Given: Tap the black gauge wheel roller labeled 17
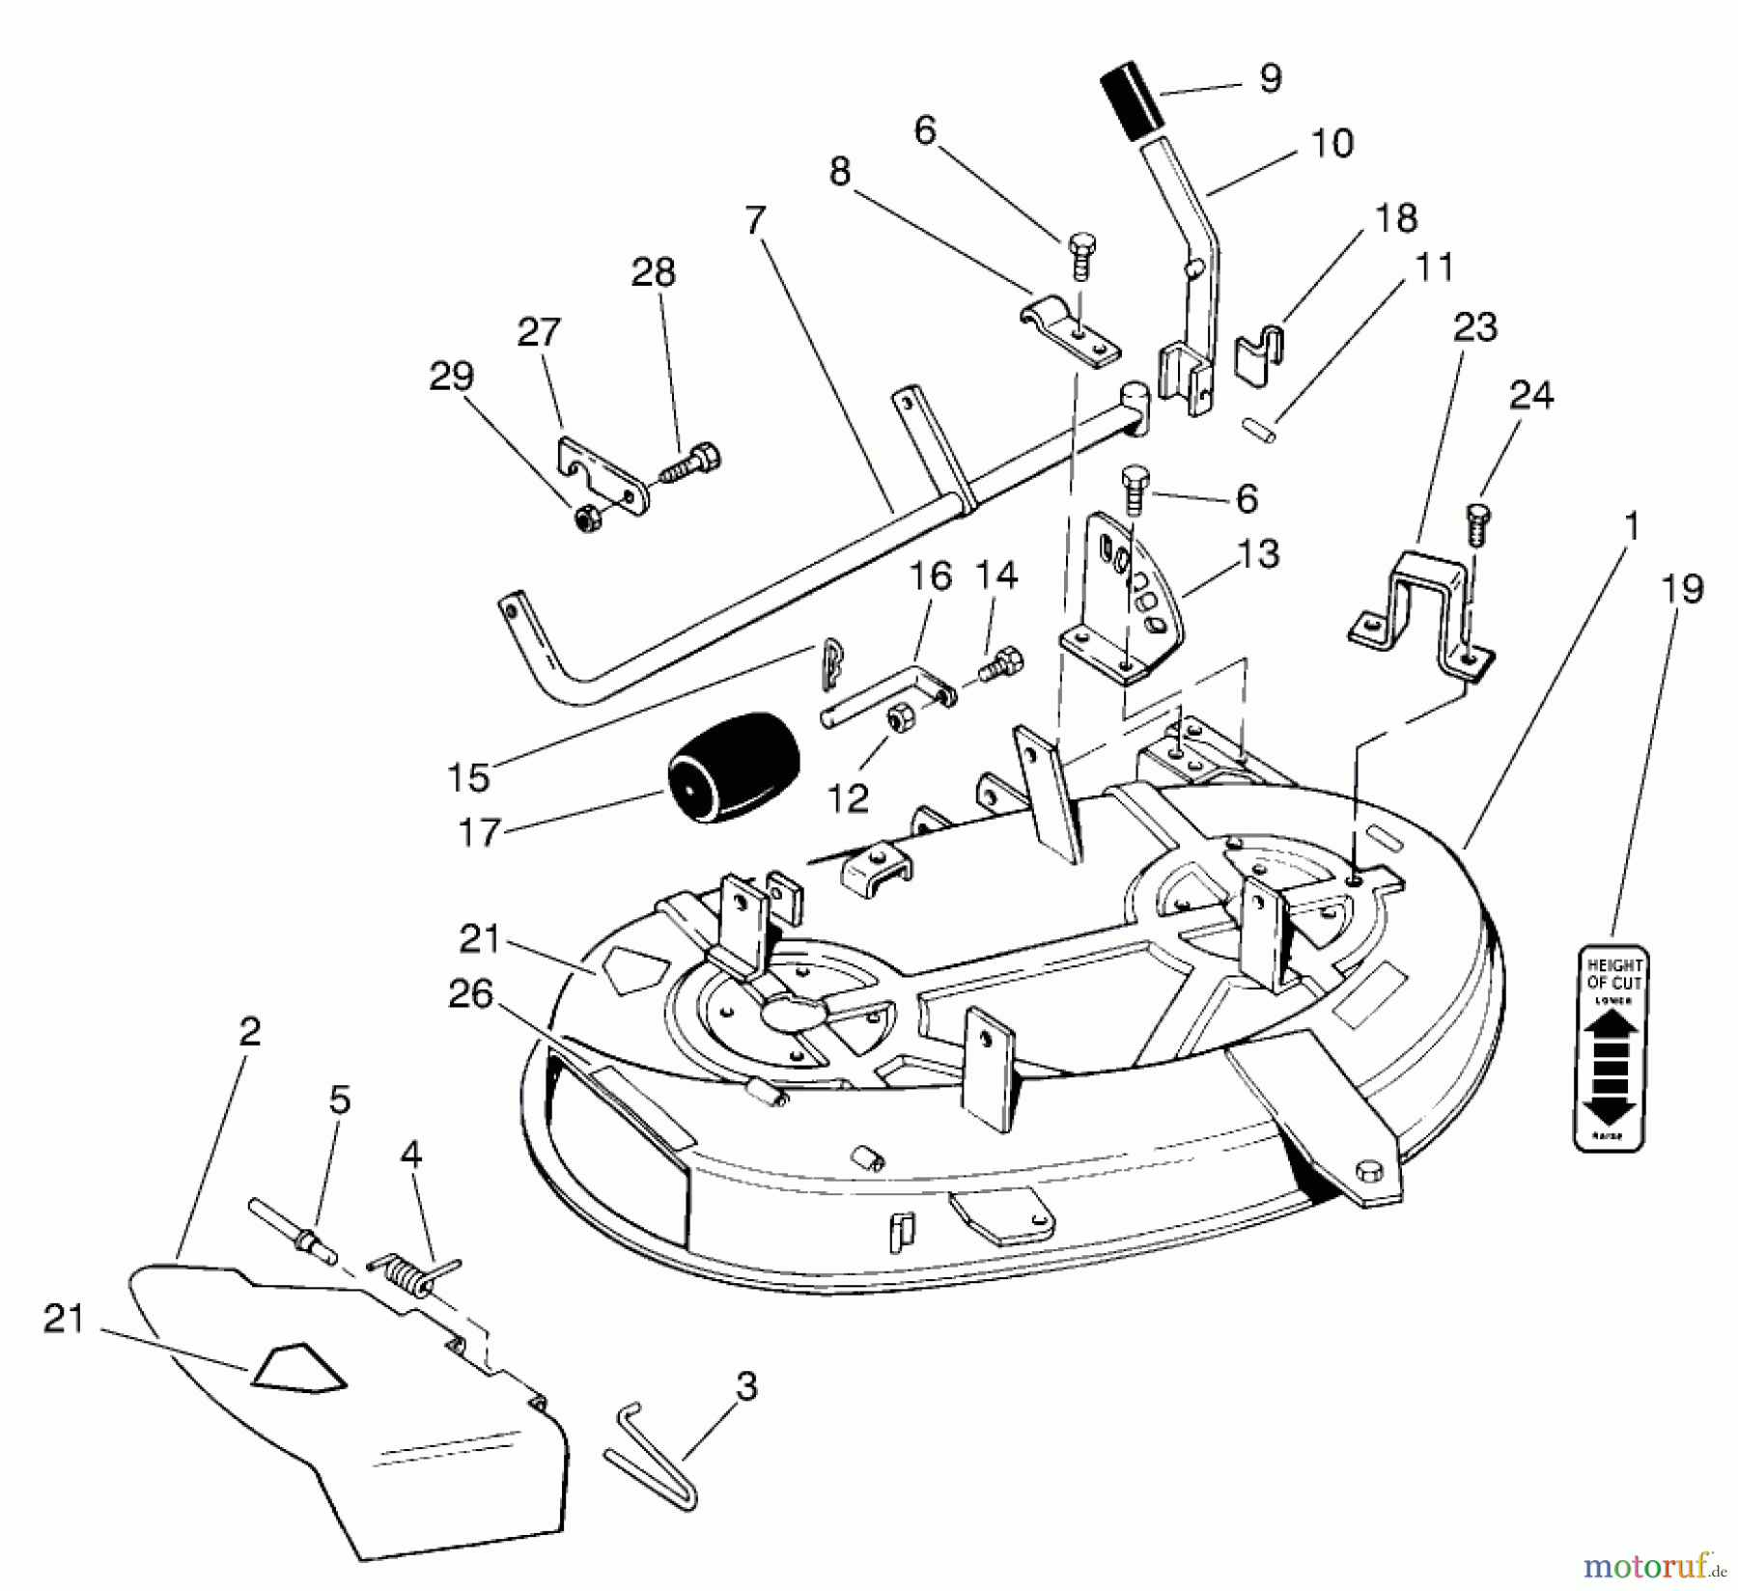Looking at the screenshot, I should [x=734, y=768].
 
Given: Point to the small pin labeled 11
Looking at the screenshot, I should [x=1256, y=427].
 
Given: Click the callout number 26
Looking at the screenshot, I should [x=471, y=994].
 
